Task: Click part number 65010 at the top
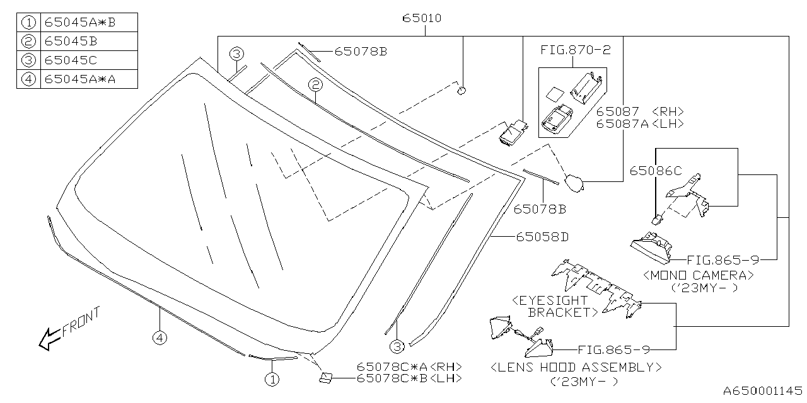pos(422,18)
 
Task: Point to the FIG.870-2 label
pos(575,50)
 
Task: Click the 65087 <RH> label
pos(640,111)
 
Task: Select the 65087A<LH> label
pos(640,123)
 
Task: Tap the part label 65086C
pos(656,171)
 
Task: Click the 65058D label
pos(543,237)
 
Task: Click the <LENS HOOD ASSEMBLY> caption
pos(576,366)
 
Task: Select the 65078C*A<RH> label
pos(409,366)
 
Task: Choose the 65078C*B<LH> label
pos(409,378)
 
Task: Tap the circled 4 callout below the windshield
pos(160,339)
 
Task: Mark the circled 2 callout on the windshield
pos(315,84)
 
